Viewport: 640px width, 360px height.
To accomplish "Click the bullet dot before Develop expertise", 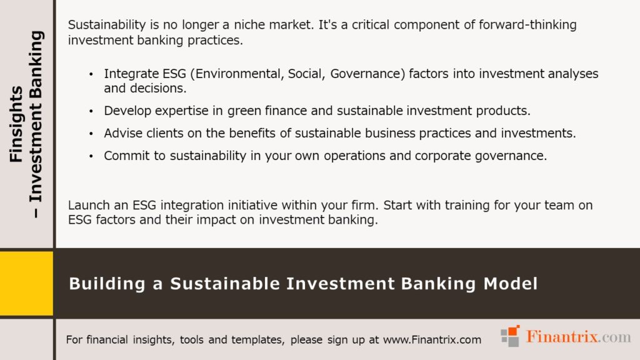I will [x=91, y=111].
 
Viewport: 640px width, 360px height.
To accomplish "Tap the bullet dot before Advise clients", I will [x=91, y=134].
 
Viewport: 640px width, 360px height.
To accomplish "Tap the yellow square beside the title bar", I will [x=26, y=283].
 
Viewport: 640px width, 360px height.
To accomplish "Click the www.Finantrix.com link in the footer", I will [x=432, y=340].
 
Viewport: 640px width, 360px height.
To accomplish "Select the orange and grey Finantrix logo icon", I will [x=511, y=336].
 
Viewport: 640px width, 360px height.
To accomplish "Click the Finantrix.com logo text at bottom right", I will [x=579, y=337].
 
